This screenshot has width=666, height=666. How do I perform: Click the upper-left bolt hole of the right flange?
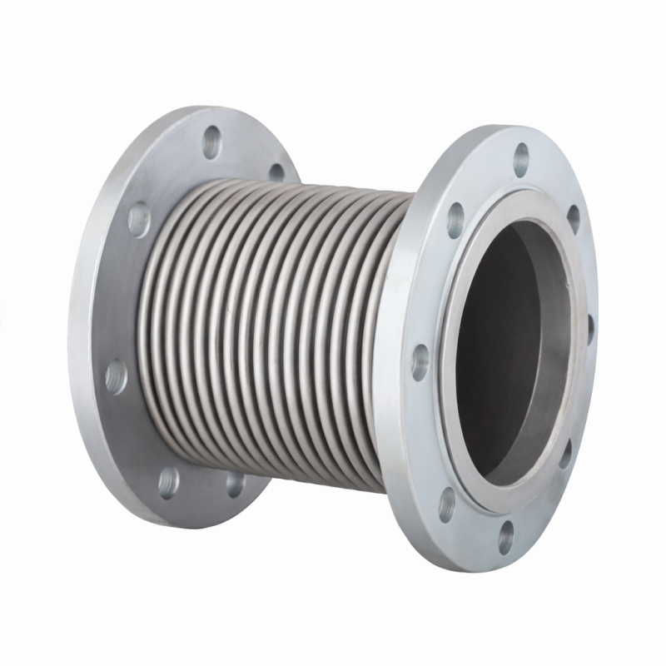coord(455,220)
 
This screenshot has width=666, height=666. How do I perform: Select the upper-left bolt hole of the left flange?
coord(139,219)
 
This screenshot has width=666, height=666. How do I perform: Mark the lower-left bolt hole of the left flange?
coord(168,480)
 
